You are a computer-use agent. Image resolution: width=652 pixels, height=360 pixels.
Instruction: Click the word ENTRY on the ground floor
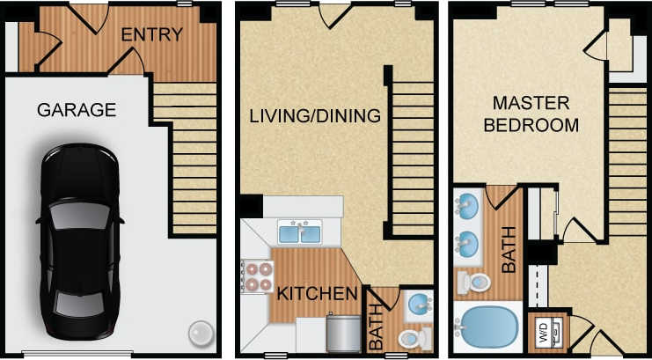click(152, 35)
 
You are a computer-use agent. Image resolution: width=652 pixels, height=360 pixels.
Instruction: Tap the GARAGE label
click(77, 110)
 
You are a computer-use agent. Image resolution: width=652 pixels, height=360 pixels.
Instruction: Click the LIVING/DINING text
click(314, 116)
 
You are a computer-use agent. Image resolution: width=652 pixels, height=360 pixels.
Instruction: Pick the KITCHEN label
click(318, 293)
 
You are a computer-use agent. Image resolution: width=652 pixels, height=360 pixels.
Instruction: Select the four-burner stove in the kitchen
click(255, 276)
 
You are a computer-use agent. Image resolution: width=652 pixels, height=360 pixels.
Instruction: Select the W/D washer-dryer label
click(542, 333)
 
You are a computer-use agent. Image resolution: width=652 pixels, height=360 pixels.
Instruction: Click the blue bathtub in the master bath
click(487, 325)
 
